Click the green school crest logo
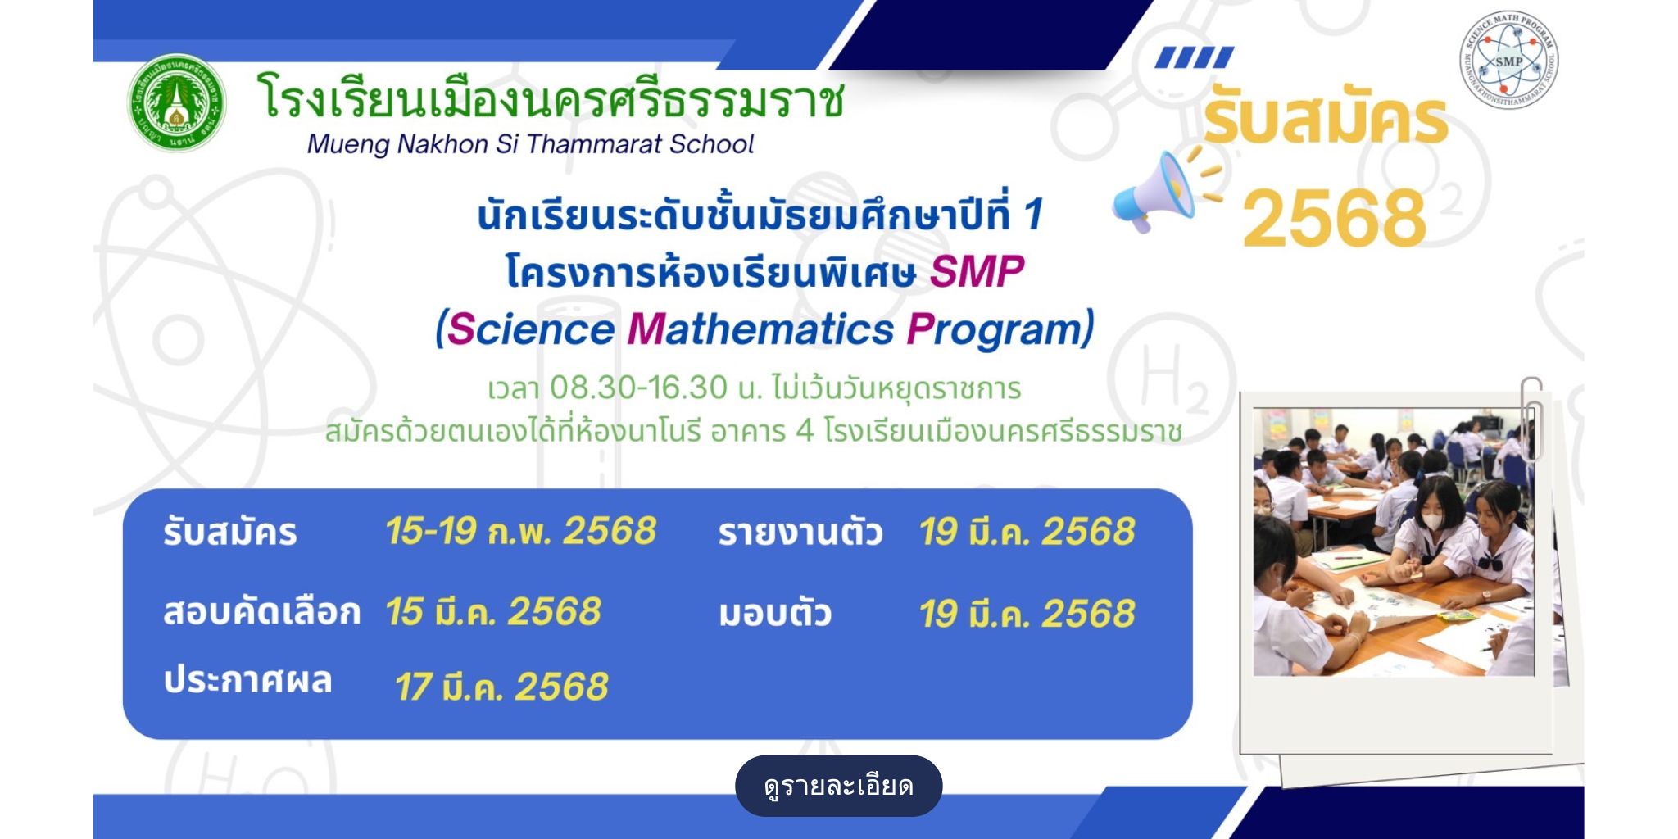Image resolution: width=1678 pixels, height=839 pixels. [177, 103]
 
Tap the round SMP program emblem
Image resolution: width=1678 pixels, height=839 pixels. [1508, 60]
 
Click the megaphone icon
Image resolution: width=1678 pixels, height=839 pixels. [1154, 192]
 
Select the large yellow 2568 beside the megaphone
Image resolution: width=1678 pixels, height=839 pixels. [1335, 217]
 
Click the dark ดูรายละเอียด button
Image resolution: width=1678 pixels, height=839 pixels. [838, 786]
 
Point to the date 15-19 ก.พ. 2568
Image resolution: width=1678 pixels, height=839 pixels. [521, 531]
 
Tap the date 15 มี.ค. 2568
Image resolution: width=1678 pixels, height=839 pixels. [493, 611]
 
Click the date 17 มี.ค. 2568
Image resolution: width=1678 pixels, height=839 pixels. [501, 687]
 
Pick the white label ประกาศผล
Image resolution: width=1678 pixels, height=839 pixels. [247, 680]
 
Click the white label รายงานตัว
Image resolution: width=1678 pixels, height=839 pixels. [800, 533]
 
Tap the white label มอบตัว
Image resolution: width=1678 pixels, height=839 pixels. [775, 614]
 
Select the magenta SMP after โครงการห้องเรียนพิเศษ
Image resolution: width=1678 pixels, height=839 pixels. [977, 272]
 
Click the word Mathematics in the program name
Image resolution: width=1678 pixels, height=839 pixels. [761, 329]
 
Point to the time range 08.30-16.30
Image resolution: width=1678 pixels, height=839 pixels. [638, 388]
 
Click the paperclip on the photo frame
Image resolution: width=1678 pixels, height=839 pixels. [1532, 419]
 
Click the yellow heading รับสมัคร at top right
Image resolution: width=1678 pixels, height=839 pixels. [1326, 120]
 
